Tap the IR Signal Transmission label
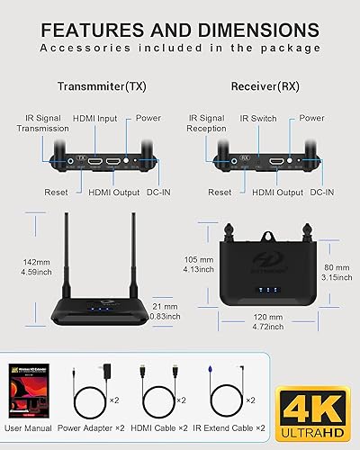click(x=40, y=122)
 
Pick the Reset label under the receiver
click(x=219, y=192)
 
